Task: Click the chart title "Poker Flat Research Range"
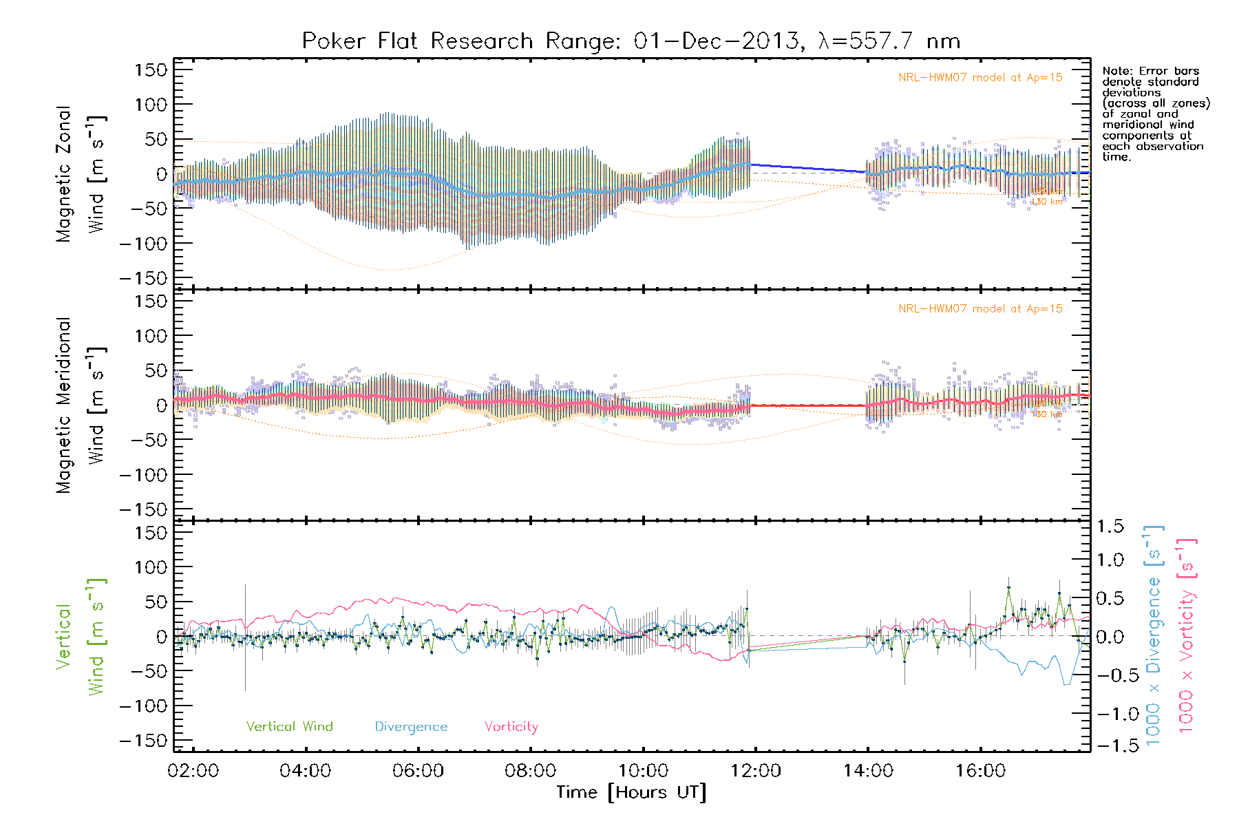click(x=416, y=41)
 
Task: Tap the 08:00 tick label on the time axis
click(x=530, y=771)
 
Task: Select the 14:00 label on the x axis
click(x=868, y=771)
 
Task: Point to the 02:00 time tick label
click(x=193, y=771)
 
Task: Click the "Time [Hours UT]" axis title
click(x=631, y=792)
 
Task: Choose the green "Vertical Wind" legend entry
click(x=289, y=727)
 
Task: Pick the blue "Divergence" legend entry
click(x=411, y=727)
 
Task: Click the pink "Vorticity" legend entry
click(x=511, y=727)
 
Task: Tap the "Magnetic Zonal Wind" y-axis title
click(x=81, y=174)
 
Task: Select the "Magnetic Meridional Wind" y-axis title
click(x=81, y=405)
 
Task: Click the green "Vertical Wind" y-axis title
click(x=81, y=637)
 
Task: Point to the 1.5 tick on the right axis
click(x=1110, y=527)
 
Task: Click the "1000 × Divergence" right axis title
click(x=1154, y=637)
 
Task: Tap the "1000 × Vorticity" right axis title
click(x=1186, y=637)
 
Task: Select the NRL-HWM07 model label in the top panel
click(x=980, y=78)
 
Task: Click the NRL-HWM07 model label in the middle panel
click(x=980, y=309)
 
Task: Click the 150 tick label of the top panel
click(x=151, y=70)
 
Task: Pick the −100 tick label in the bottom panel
click(x=143, y=706)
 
